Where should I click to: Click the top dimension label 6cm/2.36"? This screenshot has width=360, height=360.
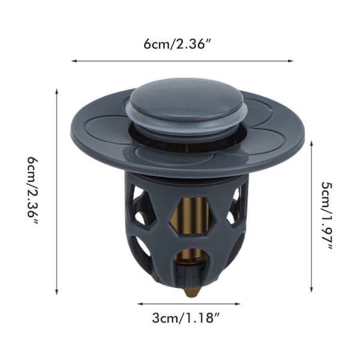tap(177, 44)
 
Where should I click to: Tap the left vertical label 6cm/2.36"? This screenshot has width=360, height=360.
tap(32, 191)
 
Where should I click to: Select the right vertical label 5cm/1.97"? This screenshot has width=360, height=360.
tap(326, 216)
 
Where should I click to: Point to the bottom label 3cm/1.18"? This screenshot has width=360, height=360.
tap(186, 318)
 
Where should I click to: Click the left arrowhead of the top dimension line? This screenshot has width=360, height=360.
tap(74, 61)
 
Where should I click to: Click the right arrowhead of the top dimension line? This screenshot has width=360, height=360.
tap(291, 61)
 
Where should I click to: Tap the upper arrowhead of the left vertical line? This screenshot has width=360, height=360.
tap(57, 91)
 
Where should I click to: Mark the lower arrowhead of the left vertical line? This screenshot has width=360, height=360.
tap(57, 292)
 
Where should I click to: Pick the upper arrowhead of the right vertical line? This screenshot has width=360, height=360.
tap(311, 143)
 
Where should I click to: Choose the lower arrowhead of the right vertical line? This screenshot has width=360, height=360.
tap(311, 290)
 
